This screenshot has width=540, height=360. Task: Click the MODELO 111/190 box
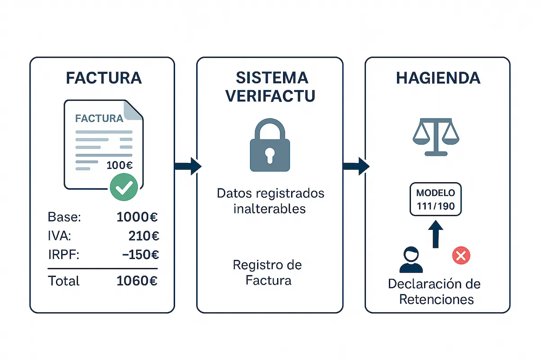pyautogui.click(x=436, y=200)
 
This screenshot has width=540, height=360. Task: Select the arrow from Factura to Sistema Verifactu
pyautogui.click(x=188, y=166)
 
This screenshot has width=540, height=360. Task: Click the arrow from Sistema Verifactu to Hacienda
pyautogui.click(x=356, y=166)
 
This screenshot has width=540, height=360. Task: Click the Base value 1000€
pyautogui.click(x=137, y=217)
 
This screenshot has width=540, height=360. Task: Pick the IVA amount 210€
pyautogui.click(x=143, y=236)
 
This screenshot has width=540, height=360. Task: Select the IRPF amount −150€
pyautogui.click(x=140, y=255)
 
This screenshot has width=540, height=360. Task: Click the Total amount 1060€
pyautogui.click(x=137, y=281)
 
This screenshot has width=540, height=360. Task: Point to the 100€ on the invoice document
pyautogui.click(x=119, y=165)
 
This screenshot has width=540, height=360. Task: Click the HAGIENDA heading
pyautogui.click(x=438, y=78)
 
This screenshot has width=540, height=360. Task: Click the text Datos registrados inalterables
pyautogui.click(x=270, y=201)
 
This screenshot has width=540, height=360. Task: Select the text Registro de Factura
pyautogui.click(x=268, y=273)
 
